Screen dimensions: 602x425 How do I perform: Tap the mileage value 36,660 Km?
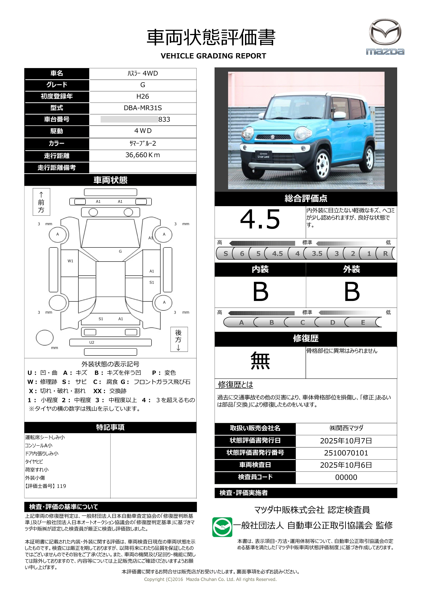pos(143,155)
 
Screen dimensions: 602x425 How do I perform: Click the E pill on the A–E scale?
pos(363,322)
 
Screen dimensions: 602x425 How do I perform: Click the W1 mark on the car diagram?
pos(70,261)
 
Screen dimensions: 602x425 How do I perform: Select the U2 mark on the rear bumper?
pos(92,342)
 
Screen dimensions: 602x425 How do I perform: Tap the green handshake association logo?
pos(222,527)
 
